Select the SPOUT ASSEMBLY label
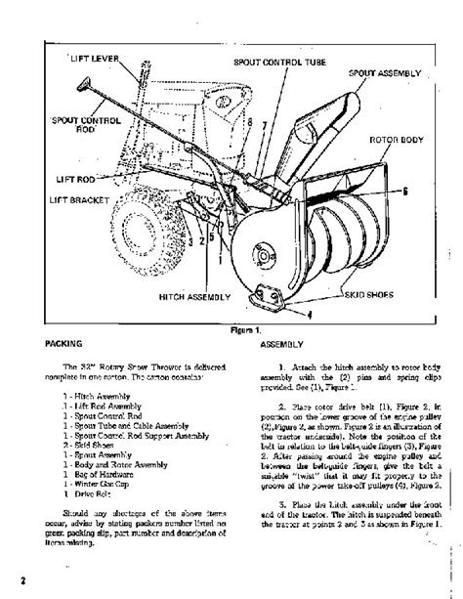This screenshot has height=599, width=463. (386, 73)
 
